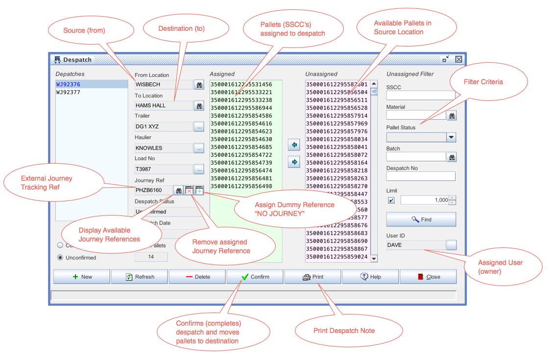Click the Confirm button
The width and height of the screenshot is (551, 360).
pos(255,277)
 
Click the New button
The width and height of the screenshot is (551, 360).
pos(82,277)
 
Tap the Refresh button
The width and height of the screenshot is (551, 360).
pos(140,277)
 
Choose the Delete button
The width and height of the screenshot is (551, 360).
pos(197,277)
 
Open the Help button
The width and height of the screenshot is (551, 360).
pos(370,277)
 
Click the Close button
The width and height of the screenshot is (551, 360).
pos(428,277)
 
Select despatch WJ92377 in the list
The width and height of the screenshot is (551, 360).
pos(68,92)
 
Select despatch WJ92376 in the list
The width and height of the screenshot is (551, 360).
pos(68,84)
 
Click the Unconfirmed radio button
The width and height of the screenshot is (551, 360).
pos(61,258)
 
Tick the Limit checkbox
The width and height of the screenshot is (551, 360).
pos(391,200)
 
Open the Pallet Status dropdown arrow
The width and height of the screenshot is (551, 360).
pos(451,138)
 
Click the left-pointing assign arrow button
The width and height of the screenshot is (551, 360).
pos(294,145)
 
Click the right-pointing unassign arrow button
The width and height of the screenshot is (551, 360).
pos(294,162)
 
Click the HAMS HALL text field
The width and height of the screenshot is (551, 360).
pos(164,105)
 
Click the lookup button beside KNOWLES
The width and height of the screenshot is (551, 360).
pos(199,148)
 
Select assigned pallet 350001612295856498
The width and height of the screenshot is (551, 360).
pos(241,186)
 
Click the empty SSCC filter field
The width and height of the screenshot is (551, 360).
pos(421,96)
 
